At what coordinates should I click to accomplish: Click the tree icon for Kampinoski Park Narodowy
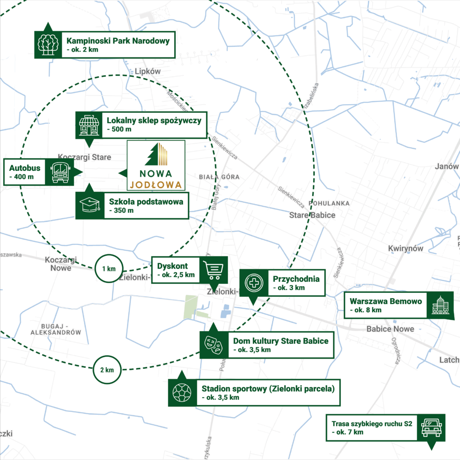click(x=48, y=44)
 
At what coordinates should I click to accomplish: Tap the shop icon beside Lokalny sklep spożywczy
click(x=89, y=125)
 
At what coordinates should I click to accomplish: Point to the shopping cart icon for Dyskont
click(x=213, y=270)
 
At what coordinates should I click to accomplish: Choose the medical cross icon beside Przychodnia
click(x=254, y=283)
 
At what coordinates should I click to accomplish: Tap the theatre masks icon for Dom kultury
click(x=213, y=345)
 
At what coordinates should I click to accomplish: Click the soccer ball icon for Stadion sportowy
click(x=182, y=393)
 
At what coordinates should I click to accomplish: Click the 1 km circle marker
click(x=109, y=269)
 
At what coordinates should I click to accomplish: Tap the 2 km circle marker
click(x=107, y=370)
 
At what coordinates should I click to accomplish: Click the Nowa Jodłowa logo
click(x=156, y=165)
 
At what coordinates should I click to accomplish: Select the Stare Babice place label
click(x=312, y=215)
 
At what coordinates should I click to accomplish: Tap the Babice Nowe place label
click(x=390, y=328)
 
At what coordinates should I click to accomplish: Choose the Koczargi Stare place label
click(x=84, y=157)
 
